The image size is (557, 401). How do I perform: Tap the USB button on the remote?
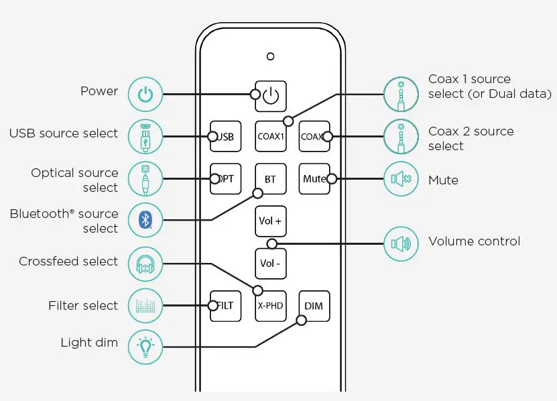click(226, 137)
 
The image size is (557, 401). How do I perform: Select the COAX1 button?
click(271, 137)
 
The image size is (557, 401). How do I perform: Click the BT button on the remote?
click(271, 179)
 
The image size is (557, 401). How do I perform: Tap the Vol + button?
click(271, 221)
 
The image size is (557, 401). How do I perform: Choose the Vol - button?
click(271, 264)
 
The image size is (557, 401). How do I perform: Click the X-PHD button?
click(271, 306)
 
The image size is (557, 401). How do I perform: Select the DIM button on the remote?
click(314, 306)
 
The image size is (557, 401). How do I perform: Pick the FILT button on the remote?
click(226, 306)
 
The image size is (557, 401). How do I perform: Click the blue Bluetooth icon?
click(145, 221)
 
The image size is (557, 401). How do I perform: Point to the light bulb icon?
click(145, 347)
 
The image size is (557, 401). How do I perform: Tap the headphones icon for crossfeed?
click(145, 264)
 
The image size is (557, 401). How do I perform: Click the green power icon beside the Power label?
click(145, 95)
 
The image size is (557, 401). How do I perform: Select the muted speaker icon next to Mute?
click(401, 179)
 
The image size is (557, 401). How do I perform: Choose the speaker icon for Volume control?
click(401, 244)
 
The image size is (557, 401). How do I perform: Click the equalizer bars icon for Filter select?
click(145, 306)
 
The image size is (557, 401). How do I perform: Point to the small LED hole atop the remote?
click(270, 56)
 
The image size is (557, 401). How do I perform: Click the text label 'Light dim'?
click(89, 343)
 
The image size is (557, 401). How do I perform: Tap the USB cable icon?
click(145, 137)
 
